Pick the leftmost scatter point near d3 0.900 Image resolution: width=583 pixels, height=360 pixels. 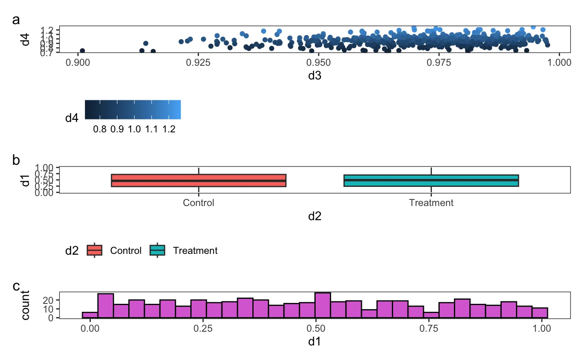(82, 51)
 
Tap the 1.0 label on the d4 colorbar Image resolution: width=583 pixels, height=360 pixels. (134, 129)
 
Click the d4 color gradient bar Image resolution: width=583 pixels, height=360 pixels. (132, 109)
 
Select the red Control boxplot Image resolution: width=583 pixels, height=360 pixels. (199, 180)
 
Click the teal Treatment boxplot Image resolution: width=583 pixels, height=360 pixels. (431, 180)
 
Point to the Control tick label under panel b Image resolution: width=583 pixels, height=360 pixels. (199, 203)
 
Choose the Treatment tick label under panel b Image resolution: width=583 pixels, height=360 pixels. (431, 203)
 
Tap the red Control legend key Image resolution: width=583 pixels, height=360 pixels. (95, 250)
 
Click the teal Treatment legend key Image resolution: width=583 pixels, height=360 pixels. (157, 250)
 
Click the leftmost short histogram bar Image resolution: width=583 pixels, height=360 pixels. (90, 315)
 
